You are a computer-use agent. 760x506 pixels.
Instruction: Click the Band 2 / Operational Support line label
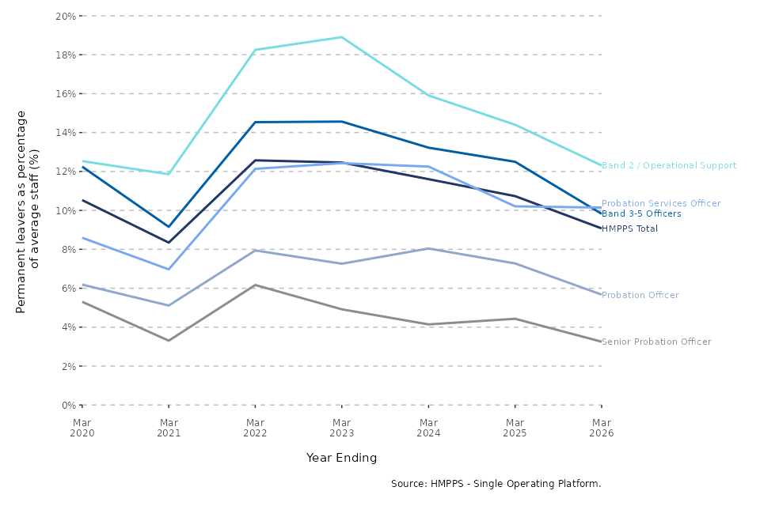[x=669, y=165]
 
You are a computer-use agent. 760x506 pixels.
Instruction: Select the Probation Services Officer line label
[x=661, y=203]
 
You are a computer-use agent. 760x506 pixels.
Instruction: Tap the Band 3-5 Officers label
[x=641, y=213]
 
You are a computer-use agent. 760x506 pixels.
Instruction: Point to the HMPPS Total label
[x=629, y=228]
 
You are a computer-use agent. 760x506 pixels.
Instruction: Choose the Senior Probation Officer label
[x=656, y=342]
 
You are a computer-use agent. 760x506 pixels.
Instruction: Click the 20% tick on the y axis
[x=66, y=16]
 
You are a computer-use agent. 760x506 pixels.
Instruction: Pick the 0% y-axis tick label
[x=69, y=406]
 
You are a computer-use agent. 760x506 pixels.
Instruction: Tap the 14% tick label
[x=66, y=133]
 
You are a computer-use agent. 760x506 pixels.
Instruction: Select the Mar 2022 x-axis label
[x=255, y=428]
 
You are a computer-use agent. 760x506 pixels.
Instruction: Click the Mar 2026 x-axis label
[x=602, y=428]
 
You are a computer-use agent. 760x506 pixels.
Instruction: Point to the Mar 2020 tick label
[x=82, y=428]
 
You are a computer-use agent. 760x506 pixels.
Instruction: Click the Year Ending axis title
[x=342, y=458]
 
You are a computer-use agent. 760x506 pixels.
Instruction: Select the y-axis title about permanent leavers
[x=28, y=212]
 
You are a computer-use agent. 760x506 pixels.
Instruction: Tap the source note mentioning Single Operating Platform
[x=496, y=484]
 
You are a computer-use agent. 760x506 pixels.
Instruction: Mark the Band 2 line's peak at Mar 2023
[x=342, y=37]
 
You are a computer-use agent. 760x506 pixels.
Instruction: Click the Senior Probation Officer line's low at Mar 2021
[x=169, y=341]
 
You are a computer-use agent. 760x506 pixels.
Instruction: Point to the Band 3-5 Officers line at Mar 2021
[x=169, y=227]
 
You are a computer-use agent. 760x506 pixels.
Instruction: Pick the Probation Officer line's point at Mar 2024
[x=428, y=248]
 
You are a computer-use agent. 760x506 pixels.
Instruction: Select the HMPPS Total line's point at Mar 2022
[x=255, y=160]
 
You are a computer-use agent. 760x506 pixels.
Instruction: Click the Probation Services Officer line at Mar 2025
[x=515, y=206]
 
